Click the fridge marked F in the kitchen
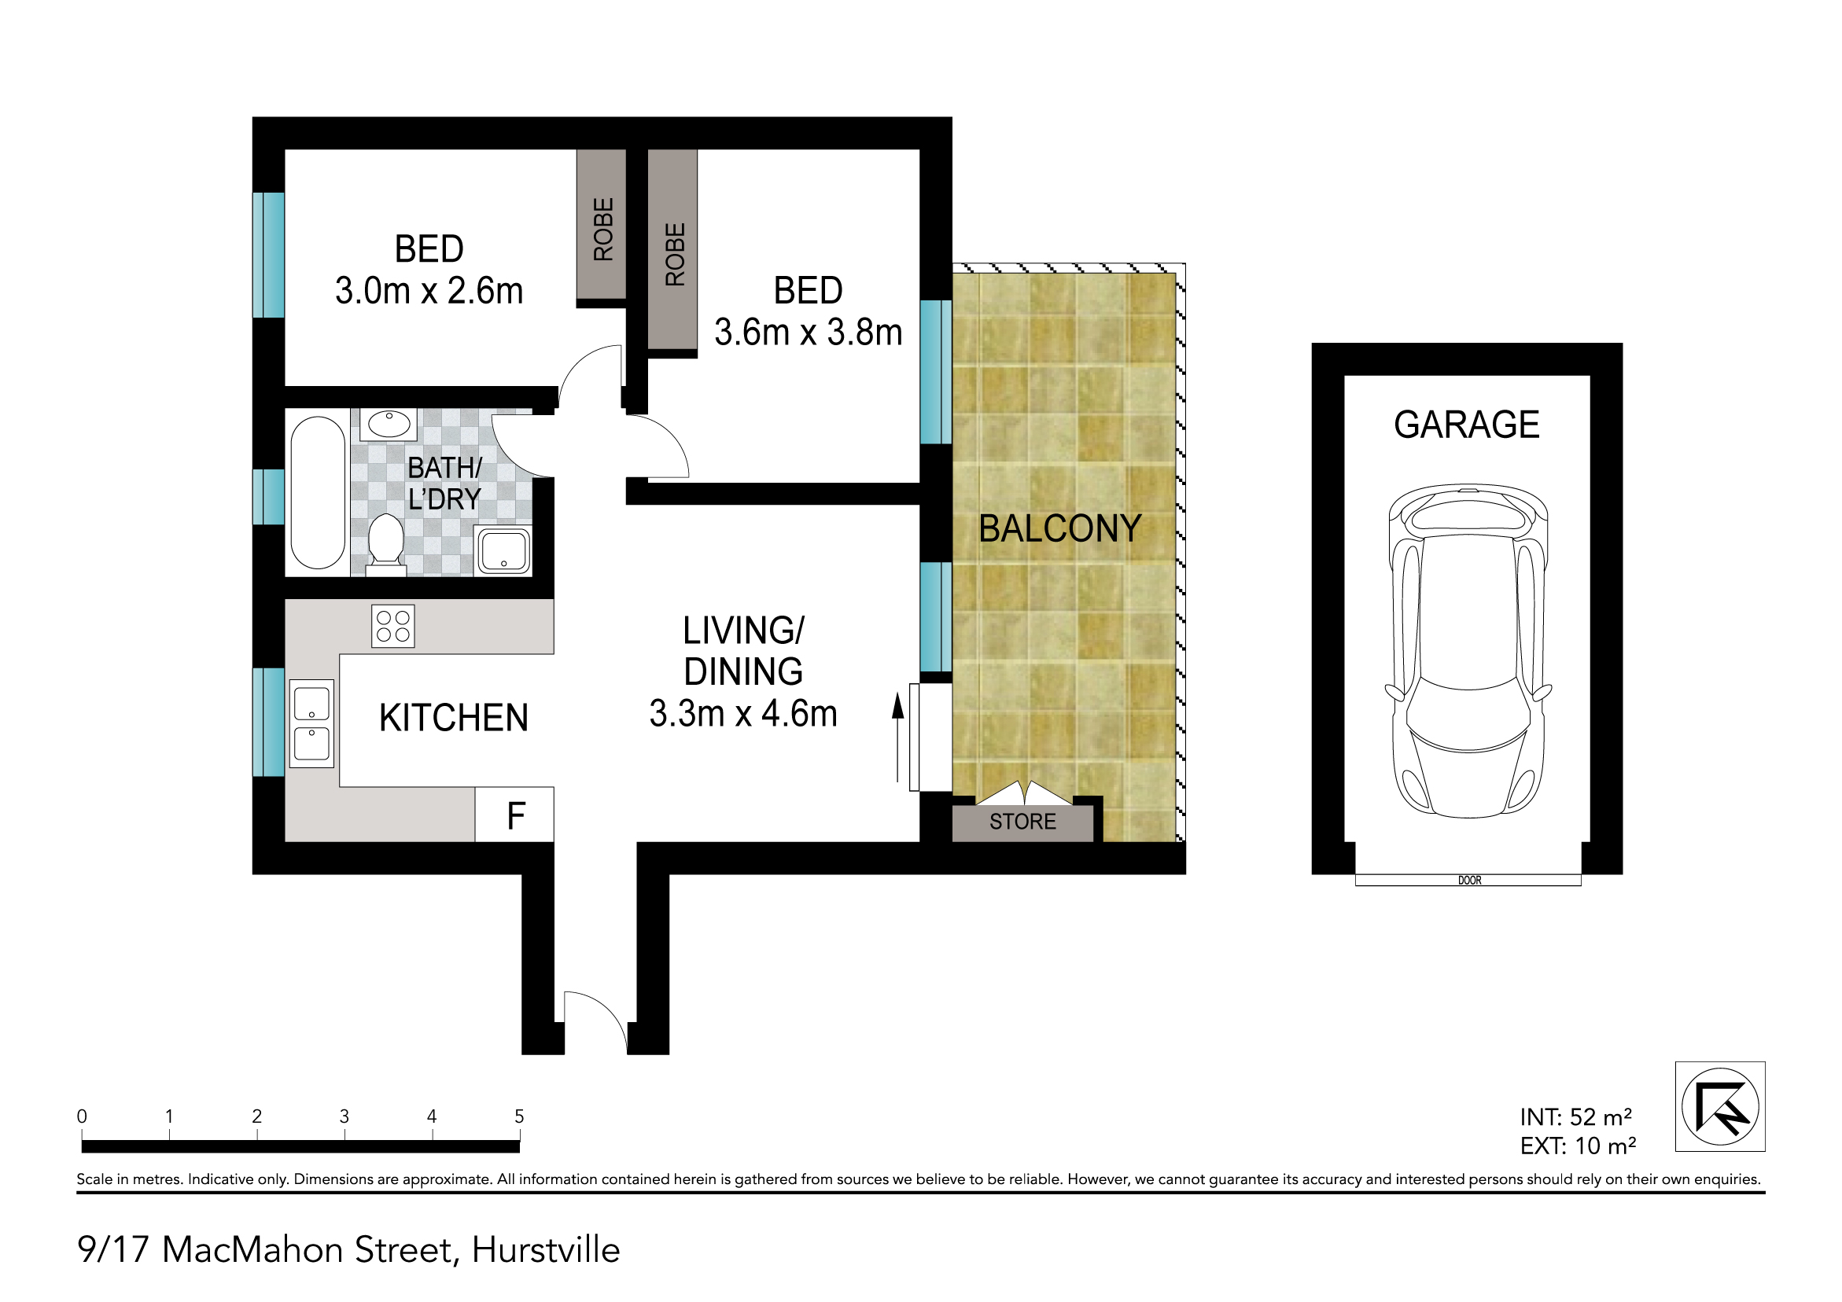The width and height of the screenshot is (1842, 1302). pyautogui.click(x=514, y=815)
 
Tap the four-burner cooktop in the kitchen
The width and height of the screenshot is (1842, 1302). pyautogui.click(x=393, y=627)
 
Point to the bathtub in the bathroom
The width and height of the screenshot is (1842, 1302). pyautogui.click(x=318, y=492)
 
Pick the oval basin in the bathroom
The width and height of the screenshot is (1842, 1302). pyautogui.click(x=389, y=425)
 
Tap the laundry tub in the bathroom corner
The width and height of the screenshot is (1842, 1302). pyautogui.click(x=503, y=551)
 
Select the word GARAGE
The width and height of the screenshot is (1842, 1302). pyautogui.click(x=1467, y=425)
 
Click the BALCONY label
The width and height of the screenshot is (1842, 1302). pyautogui.click(x=1059, y=528)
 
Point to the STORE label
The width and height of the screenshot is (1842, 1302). pyautogui.click(x=1023, y=822)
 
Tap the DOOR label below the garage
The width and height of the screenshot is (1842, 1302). pyautogui.click(x=1470, y=881)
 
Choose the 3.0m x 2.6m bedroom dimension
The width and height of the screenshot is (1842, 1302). pyautogui.click(x=429, y=290)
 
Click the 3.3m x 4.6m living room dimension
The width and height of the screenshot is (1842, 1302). pyautogui.click(x=744, y=714)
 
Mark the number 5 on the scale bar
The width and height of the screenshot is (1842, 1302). pyautogui.click(x=519, y=1116)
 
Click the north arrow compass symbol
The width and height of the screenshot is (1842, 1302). pyautogui.click(x=1720, y=1107)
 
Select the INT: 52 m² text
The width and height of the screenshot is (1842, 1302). pyautogui.click(x=1575, y=1116)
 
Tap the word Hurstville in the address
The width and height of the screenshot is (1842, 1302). pyautogui.click(x=546, y=1251)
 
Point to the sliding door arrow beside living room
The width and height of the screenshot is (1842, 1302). pyautogui.click(x=898, y=738)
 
